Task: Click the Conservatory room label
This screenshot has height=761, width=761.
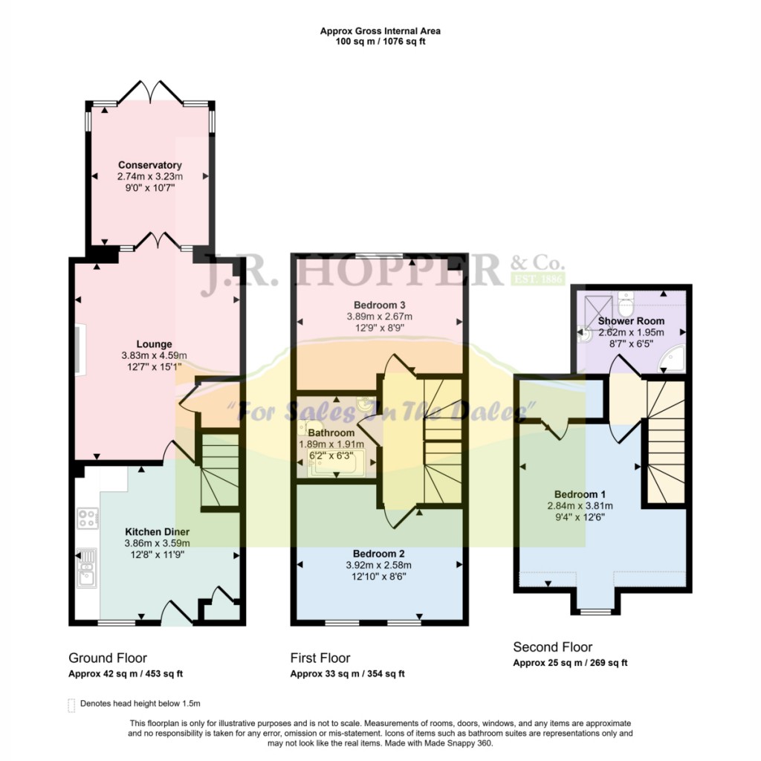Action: coord(150,165)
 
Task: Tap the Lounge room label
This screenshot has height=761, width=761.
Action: coord(154,344)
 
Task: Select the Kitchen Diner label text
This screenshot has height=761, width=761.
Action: coord(158,532)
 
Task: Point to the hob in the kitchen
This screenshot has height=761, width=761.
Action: coord(88,518)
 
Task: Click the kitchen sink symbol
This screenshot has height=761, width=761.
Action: coord(87,568)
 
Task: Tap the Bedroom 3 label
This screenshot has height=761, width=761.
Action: coord(380,305)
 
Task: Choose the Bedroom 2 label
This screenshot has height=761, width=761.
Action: coord(378,554)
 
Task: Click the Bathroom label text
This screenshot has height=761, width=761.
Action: coord(331,433)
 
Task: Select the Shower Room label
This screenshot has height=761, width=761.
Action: coord(631,321)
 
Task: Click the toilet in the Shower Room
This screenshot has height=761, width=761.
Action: coord(626,303)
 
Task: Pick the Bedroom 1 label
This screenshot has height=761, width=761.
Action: coord(580,494)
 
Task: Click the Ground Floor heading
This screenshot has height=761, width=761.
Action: coord(108,658)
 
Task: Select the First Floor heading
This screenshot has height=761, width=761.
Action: coord(320,658)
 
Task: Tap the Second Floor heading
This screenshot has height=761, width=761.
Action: coord(553,647)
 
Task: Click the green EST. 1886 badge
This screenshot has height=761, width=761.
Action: coord(538,279)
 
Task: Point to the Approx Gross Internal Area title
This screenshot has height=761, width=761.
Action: coord(380,31)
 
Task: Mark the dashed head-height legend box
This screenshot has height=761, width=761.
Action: coord(71,705)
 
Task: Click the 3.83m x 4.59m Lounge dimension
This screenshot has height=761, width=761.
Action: coord(154,356)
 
